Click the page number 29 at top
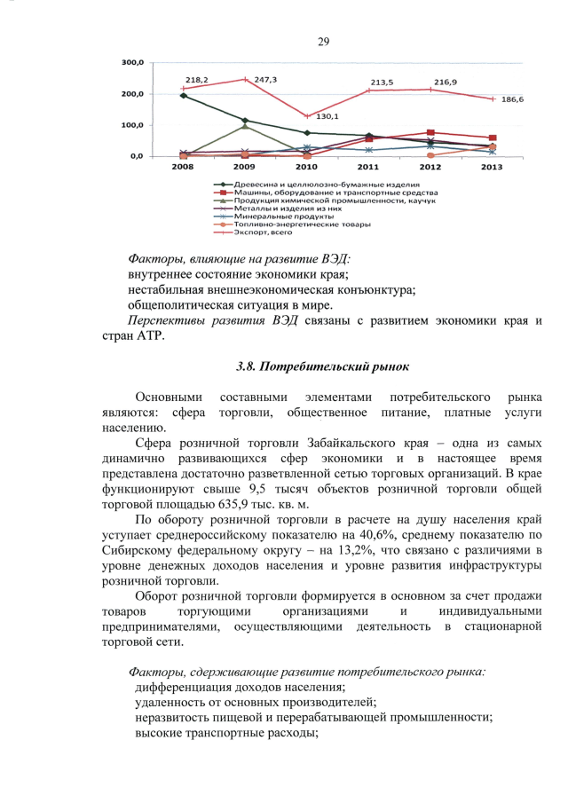(x=324, y=42)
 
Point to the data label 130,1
(x=328, y=116)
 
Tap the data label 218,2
(x=196, y=80)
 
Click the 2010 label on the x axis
(x=306, y=166)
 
